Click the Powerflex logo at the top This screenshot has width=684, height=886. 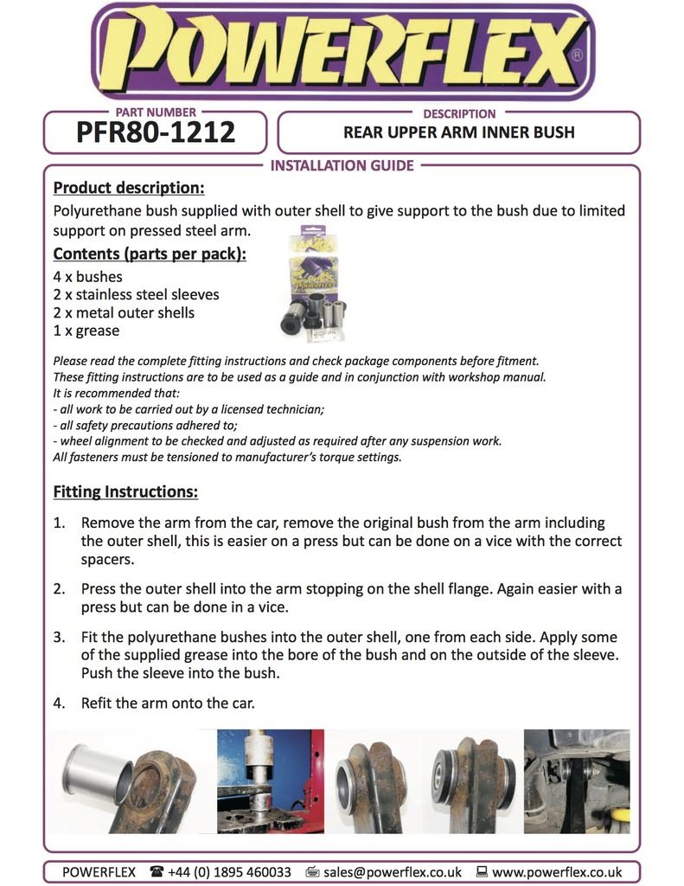pyautogui.click(x=342, y=50)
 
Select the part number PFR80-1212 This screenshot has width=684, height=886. pyautogui.click(x=156, y=132)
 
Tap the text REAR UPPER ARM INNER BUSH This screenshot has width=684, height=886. pyautogui.click(x=458, y=133)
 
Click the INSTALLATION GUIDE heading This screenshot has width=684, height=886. pyautogui.click(x=342, y=165)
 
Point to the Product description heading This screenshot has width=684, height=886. pyautogui.click(x=129, y=188)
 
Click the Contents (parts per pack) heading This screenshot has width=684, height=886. pyautogui.click(x=150, y=254)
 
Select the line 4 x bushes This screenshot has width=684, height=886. pyautogui.click(x=87, y=277)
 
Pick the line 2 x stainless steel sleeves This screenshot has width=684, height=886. pyautogui.click(x=136, y=295)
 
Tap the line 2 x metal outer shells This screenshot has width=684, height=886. pyautogui.click(x=124, y=313)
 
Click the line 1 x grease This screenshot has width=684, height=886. pyautogui.click(x=86, y=331)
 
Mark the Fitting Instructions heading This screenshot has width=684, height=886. pyautogui.click(x=125, y=492)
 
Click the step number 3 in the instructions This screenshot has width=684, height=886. pyautogui.click(x=60, y=636)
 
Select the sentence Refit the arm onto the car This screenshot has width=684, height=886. pyautogui.click(x=168, y=703)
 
